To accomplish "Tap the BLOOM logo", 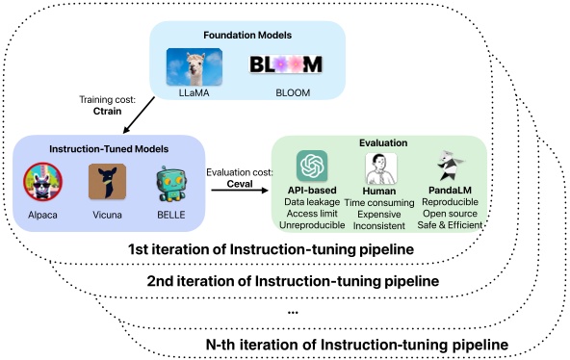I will (284, 66).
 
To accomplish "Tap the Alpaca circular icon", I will (43, 181).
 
